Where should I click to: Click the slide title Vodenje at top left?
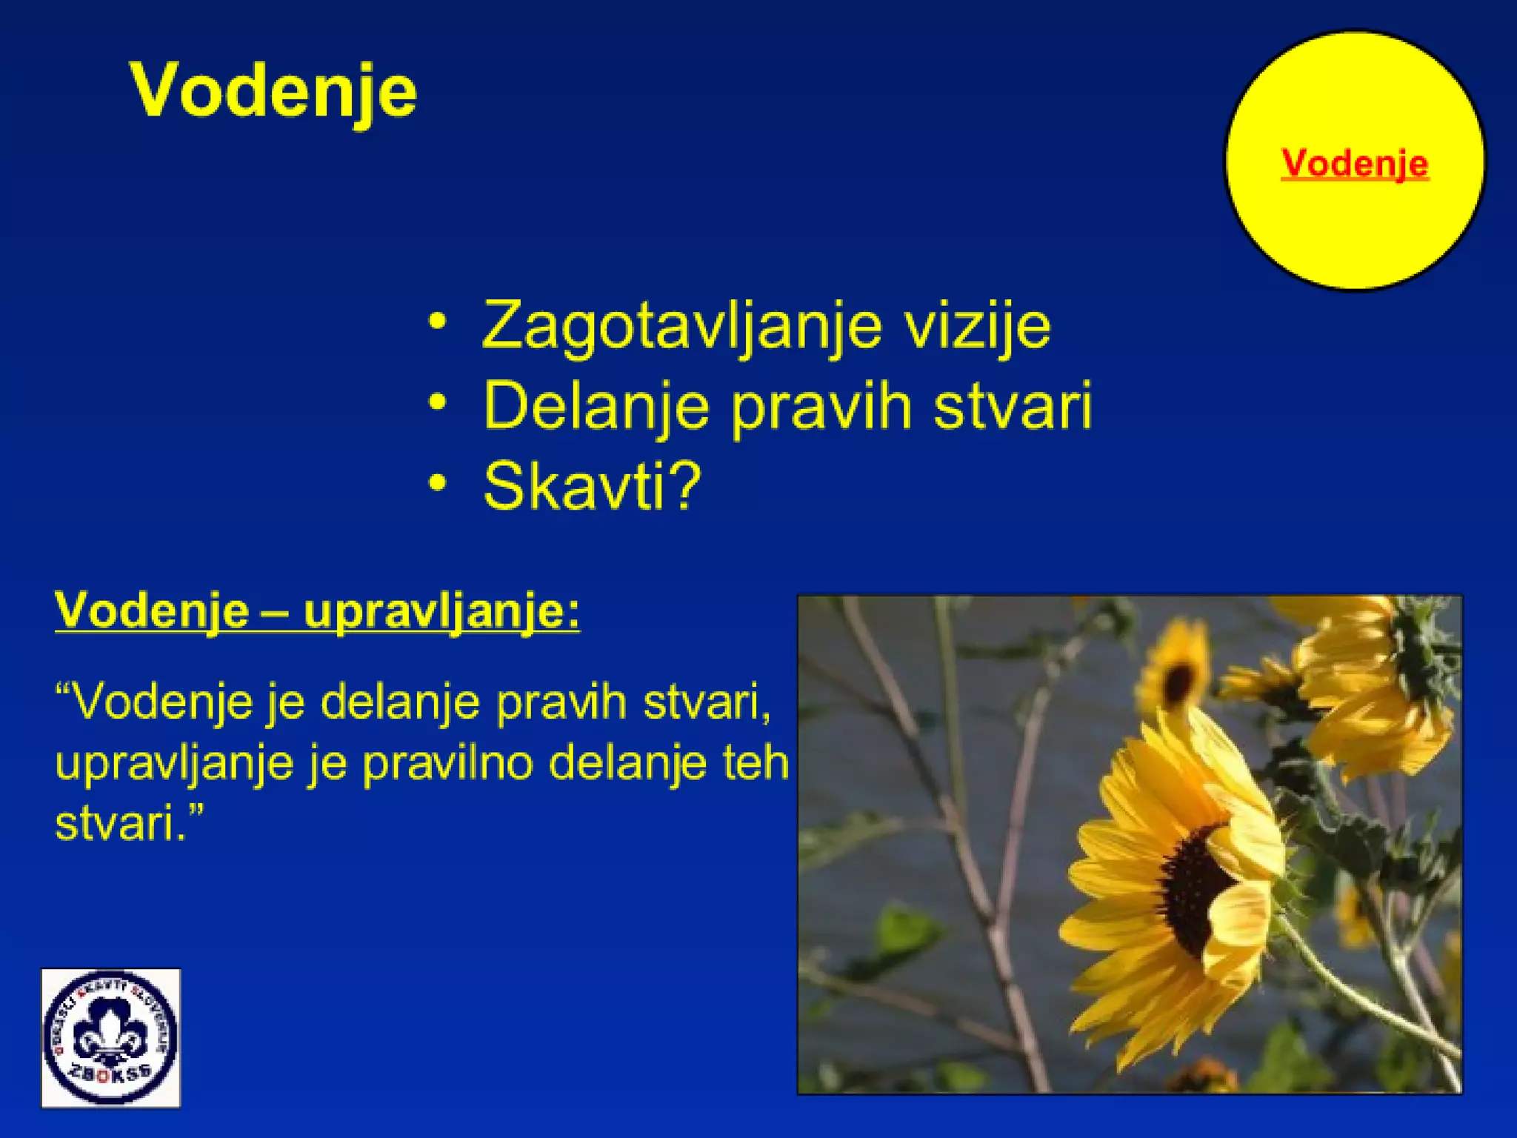coord(273,91)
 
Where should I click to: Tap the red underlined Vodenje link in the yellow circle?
coord(1354,163)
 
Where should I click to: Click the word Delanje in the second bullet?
coord(596,406)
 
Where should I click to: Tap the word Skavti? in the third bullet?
coord(592,486)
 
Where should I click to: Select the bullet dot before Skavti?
coord(439,482)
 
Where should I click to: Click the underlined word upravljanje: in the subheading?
coord(442,612)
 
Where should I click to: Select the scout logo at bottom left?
coord(111,1037)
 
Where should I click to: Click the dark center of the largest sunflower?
coord(1193,889)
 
